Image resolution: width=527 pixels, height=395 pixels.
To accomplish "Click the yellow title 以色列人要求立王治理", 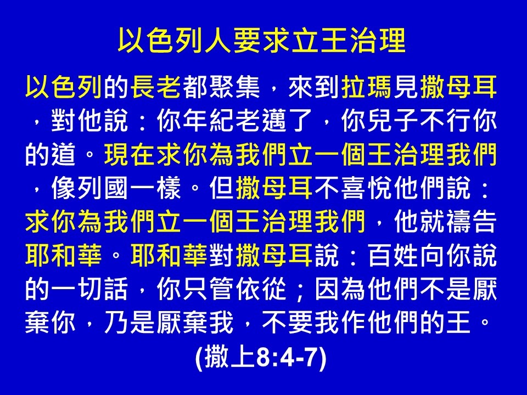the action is click(x=261, y=41).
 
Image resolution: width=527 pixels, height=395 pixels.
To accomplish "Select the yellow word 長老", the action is click(x=156, y=87).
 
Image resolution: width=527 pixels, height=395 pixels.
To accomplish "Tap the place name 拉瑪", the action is click(x=367, y=87).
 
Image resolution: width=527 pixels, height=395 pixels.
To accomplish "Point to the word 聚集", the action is click(x=235, y=87).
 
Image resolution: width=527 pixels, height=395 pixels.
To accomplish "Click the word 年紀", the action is click(x=209, y=121).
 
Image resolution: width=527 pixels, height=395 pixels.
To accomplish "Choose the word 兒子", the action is click(x=393, y=121).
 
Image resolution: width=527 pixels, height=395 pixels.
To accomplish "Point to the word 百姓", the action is click(x=393, y=255).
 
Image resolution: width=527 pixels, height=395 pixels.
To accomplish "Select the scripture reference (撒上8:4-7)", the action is click(x=261, y=357).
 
